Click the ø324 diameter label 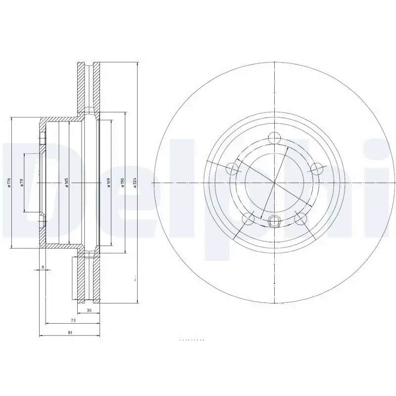click(134, 183)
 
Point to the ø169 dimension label click(108, 183)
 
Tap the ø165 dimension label click(66, 183)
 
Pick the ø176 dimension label click(8, 183)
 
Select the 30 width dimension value click(89, 310)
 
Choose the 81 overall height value click(70, 333)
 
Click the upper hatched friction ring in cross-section click(81, 87)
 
